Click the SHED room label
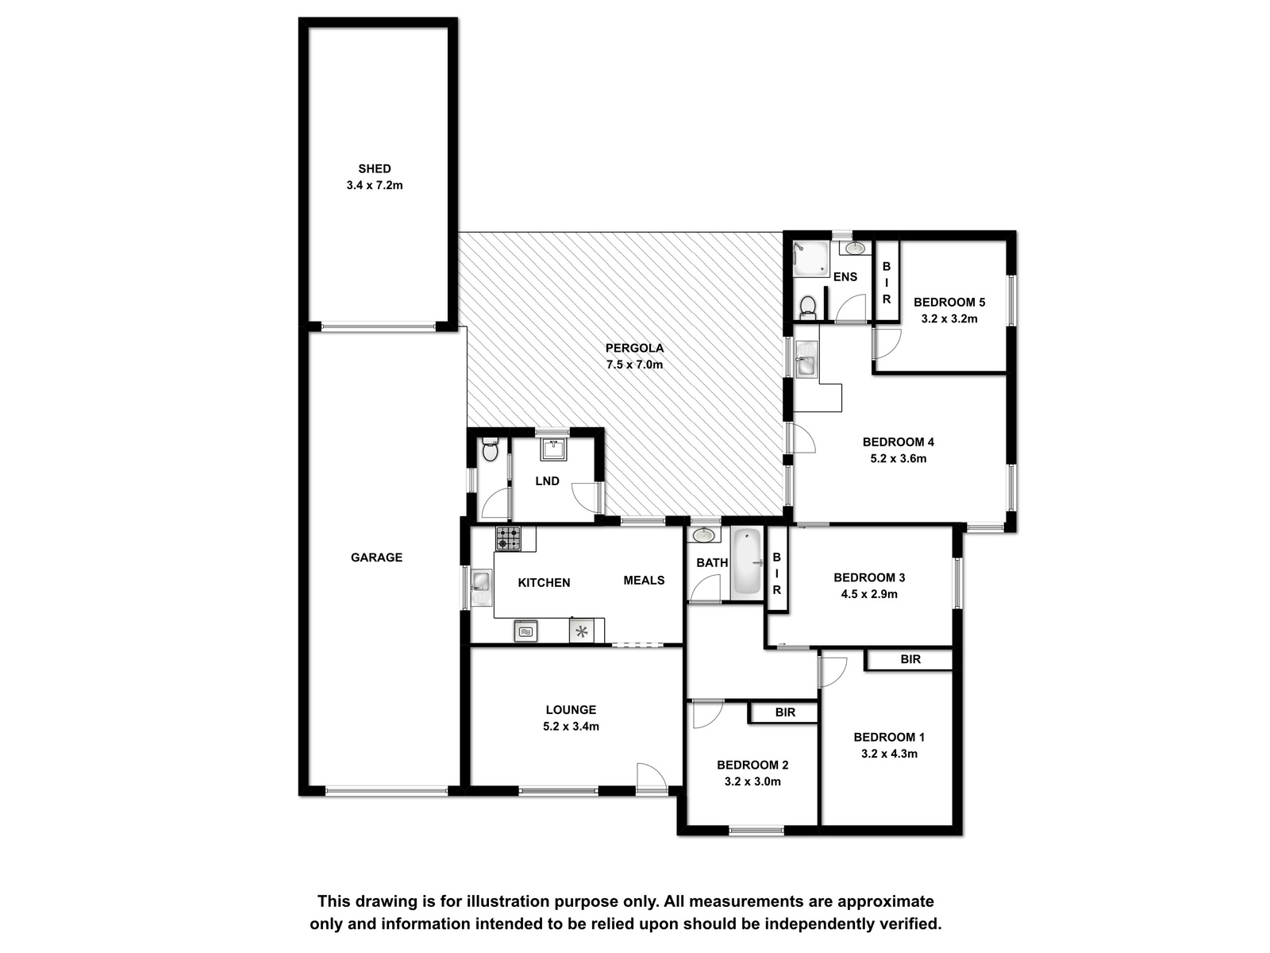coord(375,169)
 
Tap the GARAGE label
coord(376,558)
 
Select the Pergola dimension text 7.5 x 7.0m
coord(634,365)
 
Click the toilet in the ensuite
coord(808,307)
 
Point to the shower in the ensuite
coord(810,259)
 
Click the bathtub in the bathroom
coord(747,563)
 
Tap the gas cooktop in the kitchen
coord(508,538)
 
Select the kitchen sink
coord(481,588)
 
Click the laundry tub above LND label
coord(554,449)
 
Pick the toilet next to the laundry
coord(490,449)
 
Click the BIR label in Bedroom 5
coord(887,283)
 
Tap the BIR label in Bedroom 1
coord(910,659)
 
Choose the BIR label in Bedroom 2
coord(785,712)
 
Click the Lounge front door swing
coord(652,776)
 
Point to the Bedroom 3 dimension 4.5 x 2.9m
coord(869,594)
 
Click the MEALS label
coord(644,581)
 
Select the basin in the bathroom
coord(703,535)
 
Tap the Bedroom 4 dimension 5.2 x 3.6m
coord(898,459)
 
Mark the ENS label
coord(845,277)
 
